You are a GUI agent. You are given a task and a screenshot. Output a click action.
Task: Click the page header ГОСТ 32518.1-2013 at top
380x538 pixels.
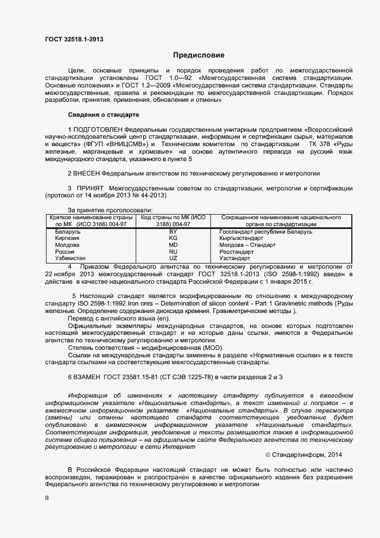(74, 40)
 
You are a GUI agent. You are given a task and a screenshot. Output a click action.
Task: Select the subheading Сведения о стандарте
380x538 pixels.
(103, 115)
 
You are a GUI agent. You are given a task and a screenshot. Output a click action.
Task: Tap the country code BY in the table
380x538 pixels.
(173, 231)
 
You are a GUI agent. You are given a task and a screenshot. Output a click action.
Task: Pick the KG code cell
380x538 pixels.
(173, 238)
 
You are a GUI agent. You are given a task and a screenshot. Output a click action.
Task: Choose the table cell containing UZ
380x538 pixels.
(173, 259)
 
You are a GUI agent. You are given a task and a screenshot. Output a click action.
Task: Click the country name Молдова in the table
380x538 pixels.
(67, 245)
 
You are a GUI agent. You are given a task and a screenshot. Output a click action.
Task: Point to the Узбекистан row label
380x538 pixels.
(71, 259)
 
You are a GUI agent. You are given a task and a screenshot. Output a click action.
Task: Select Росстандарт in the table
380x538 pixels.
(236, 252)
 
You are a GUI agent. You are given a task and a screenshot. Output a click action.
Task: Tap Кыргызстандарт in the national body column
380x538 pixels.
(242, 238)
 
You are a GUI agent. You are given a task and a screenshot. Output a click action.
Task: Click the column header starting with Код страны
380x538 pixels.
(173, 221)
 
